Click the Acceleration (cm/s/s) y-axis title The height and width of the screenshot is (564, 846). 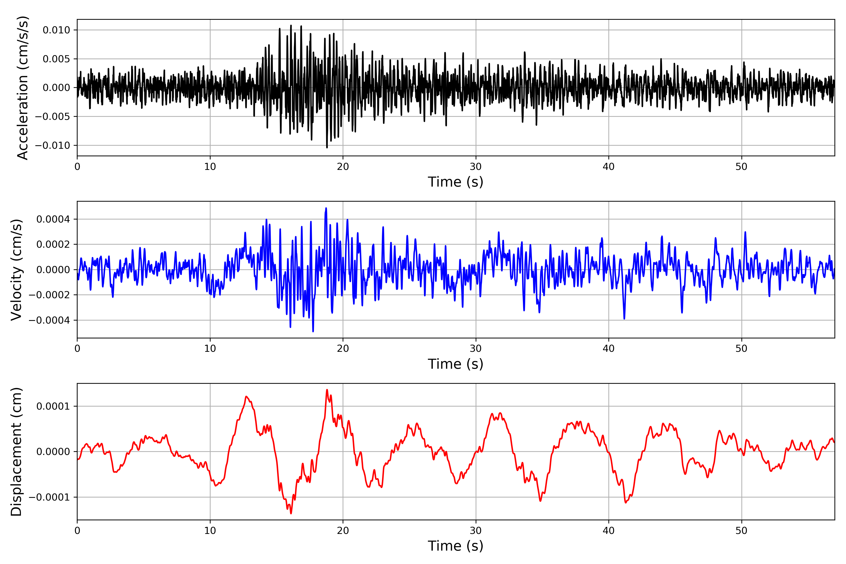point(22,88)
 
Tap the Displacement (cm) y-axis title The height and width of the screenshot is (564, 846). point(16,452)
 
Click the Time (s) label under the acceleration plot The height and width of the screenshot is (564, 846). point(455,182)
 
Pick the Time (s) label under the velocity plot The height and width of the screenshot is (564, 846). point(455,364)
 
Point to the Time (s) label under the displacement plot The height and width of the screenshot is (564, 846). point(455,546)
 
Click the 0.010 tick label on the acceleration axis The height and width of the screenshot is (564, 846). point(56,30)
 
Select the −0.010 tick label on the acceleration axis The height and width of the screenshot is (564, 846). point(52,145)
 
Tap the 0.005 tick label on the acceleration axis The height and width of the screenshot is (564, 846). point(56,59)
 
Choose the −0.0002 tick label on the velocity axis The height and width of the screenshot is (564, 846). point(49,295)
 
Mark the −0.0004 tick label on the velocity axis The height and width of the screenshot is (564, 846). point(49,320)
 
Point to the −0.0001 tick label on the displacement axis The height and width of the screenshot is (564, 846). point(49,497)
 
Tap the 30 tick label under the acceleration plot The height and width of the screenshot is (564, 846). point(475,167)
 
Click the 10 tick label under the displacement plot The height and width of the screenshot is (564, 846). point(210,531)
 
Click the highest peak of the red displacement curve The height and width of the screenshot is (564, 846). point(327,390)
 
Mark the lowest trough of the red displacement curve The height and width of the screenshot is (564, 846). point(291,513)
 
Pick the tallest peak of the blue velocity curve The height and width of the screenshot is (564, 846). point(326,208)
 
